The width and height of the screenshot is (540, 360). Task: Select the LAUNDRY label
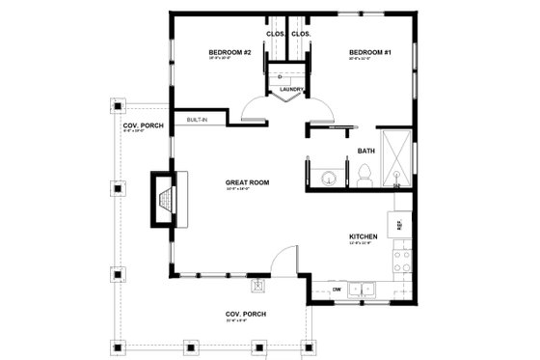coord(292,90)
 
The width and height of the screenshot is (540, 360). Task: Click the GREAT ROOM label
coord(247,181)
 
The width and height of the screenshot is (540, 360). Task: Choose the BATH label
coord(366,151)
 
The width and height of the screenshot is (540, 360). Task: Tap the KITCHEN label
coord(363,236)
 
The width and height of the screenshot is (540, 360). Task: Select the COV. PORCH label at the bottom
coord(246,314)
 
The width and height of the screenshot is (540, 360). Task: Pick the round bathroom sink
coord(327,176)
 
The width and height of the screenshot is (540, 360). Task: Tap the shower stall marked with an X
coord(396,156)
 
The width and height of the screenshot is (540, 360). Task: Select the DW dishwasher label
coord(336,288)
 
